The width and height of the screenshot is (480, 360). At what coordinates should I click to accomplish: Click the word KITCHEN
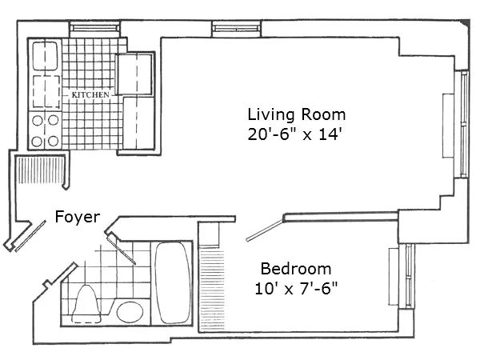click(90, 95)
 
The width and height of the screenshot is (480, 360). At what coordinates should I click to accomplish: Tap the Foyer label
click(78, 216)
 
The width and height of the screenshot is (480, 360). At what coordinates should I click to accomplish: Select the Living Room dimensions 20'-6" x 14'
click(295, 135)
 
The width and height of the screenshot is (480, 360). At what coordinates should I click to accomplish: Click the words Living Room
click(295, 114)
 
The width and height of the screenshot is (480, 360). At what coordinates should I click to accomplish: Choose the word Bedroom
click(296, 268)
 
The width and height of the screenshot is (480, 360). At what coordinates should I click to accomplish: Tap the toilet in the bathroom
click(86, 302)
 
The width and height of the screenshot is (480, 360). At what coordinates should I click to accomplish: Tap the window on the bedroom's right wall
click(409, 276)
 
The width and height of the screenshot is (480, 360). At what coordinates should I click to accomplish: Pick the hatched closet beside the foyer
click(40, 173)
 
